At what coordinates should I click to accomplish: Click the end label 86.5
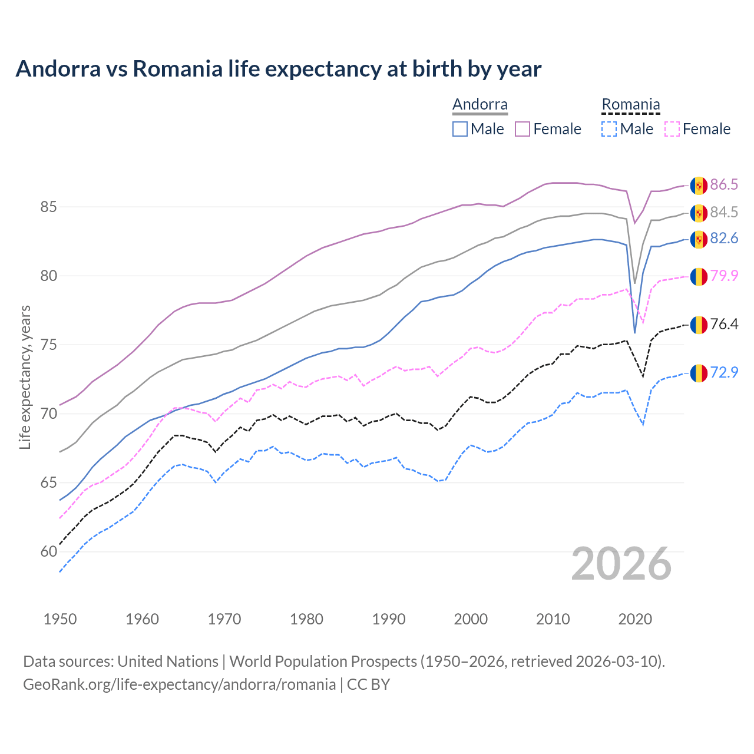click(724, 184)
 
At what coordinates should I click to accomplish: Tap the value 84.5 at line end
click(724, 212)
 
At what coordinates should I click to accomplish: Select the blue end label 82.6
click(724, 238)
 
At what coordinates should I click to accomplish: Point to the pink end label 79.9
click(724, 275)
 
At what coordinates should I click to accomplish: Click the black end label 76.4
click(724, 324)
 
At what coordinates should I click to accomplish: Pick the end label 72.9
click(724, 372)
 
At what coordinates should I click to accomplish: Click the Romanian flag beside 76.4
click(699, 325)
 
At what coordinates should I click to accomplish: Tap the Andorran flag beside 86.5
click(699, 185)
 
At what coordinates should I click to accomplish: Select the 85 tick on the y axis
click(48, 207)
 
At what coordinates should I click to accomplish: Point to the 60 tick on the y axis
click(48, 552)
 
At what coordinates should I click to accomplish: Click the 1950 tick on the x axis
click(60, 619)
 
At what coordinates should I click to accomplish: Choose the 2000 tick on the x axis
click(471, 619)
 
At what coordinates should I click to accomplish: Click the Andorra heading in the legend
click(479, 104)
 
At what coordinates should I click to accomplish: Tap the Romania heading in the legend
click(630, 104)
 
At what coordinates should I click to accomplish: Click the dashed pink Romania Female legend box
click(672, 129)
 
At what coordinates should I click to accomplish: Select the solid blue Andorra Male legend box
click(460, 129)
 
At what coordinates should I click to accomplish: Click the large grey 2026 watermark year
click(621, 564)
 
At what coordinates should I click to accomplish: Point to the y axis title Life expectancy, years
click(25, 377)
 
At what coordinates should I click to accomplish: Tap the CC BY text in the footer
click(368, 684)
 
